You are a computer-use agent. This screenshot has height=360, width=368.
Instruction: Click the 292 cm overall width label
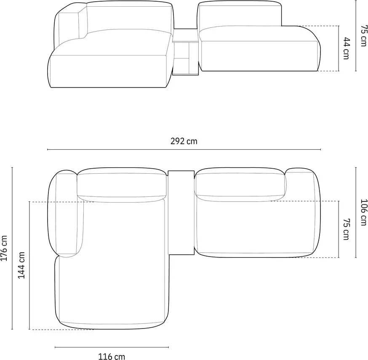coord(184,141)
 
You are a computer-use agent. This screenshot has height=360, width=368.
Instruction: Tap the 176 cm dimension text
coord(4,248)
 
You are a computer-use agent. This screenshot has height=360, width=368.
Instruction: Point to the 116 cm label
coord(112,357)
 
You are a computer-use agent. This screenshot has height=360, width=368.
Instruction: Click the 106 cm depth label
coord(363,212)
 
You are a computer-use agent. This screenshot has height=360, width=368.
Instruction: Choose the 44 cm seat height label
coord(346,48)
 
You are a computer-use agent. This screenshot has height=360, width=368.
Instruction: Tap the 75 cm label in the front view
coord(363,36)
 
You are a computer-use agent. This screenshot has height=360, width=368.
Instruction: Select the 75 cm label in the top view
coord(346,229)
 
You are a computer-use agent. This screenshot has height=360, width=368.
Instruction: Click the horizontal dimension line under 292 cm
coord(184,149)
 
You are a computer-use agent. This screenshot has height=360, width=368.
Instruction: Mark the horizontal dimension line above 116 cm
coord(112,347)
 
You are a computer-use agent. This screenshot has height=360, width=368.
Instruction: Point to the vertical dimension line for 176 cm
coord(12,248)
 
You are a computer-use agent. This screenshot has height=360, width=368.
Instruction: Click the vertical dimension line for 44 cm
coord(339,48)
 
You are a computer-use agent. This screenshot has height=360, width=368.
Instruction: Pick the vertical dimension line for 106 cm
coord(356,212)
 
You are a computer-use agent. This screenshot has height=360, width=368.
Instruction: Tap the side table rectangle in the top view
coord(181,212)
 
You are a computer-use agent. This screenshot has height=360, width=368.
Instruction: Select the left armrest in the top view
coord(66,214)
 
